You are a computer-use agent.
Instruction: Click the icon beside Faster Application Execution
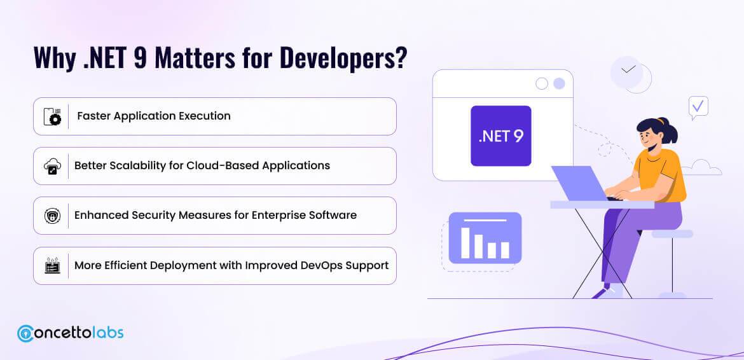[x=52, y=116]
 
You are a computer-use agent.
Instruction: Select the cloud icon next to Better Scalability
[x=52, y=166]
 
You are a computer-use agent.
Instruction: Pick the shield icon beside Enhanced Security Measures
[x=52, y=216]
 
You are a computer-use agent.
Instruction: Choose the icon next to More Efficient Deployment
[x=52, y=265]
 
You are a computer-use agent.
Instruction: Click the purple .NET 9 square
[x=500, y=135]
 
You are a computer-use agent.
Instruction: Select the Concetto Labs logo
[x=70, y=333]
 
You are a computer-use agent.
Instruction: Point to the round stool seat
[x=672, y=234]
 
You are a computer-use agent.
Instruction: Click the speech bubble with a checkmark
[x=698, y=107]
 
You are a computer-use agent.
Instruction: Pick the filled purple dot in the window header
[x=559, y=83]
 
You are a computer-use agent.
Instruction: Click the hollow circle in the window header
[x=542, y=83]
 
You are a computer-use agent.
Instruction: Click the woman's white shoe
[x=611, y=292]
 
